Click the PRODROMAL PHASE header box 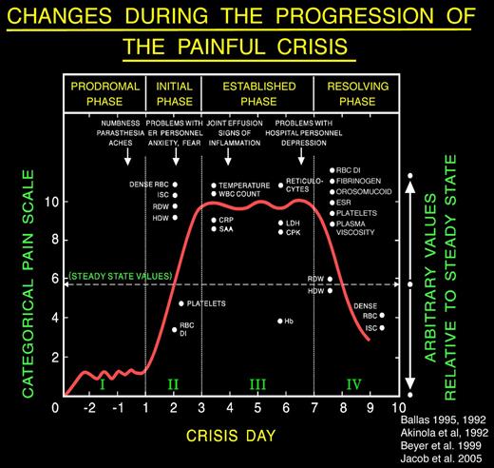tap(101, 92)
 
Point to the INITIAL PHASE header tap(173, 92)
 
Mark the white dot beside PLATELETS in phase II tap(181, 303)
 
